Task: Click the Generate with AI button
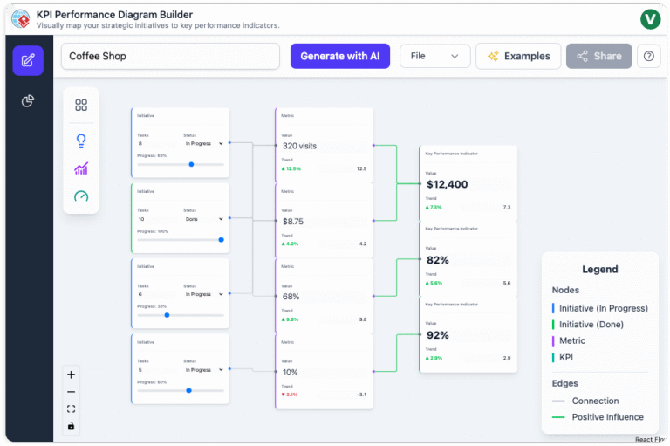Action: coord(339,56)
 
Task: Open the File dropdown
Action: coord(434,56)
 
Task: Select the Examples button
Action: coord(518,56)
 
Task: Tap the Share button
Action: coord(598,56)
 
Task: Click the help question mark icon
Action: coord(648,56)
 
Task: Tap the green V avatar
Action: coord(650,19)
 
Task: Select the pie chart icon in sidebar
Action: coord(28,101)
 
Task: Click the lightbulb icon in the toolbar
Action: coord(81,140)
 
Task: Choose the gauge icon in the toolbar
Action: coord(81,196)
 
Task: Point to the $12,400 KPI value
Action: coord(448,184)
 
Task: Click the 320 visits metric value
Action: coord(300,146)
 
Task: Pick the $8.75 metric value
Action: coord(293,222)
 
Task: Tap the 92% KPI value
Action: coord(438,335)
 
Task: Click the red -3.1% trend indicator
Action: coord(290,395)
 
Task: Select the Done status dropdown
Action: coord(204,219)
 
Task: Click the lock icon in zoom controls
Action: coord(71,426)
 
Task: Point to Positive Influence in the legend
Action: coord(607,417)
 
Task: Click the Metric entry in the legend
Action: coord(572,340)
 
